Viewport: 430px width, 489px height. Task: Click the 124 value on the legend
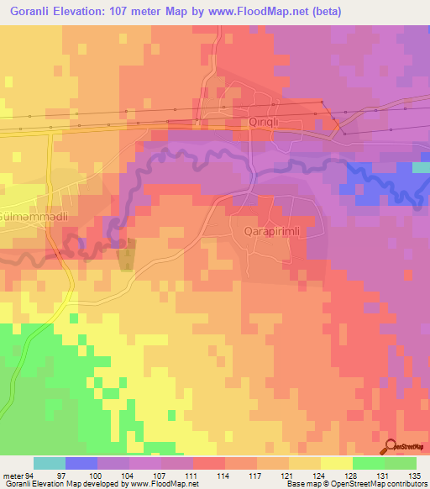click(x=320, y=474)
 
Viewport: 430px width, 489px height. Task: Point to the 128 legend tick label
click(x=352, y=474)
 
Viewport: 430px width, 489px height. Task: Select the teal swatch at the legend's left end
click(x=50, y=463)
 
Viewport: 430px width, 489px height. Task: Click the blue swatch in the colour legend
click(x=81, y=463)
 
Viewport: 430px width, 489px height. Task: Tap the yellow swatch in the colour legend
click(x=336, y=463)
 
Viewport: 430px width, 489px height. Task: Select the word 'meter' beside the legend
click(x=13, y=474)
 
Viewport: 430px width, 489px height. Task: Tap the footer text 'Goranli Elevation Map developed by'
click(x=62, y=484)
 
